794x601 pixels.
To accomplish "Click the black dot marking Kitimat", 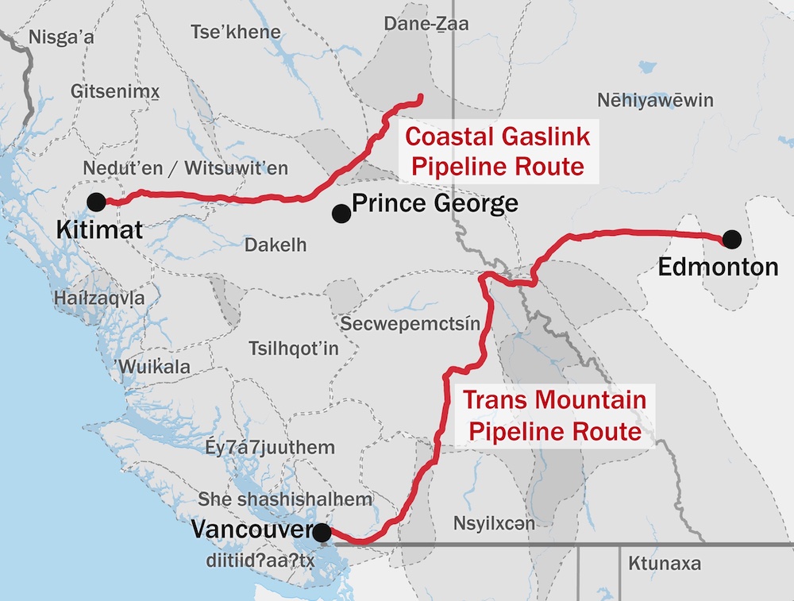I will click(96, 202).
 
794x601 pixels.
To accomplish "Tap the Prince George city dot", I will click(341, 213).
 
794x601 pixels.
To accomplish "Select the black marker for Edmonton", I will click(731, 238).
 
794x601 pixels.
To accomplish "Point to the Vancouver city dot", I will click(322, 533).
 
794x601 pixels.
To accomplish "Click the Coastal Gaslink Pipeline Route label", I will click(497, 152).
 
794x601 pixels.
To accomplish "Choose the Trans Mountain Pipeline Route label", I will click(554, 416).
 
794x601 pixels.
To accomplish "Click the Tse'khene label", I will click(236, 33).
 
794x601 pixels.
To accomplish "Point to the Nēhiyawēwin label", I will click(655, 101).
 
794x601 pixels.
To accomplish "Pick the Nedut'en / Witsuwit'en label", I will click(185, 169).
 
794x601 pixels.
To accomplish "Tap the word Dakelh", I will click(276, 245).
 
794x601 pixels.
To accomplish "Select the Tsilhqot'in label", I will click(294, 350).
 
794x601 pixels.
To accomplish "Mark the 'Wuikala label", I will click(152, 368).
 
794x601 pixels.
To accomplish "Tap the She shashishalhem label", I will click(285, 499).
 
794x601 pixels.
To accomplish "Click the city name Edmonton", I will click(718, 267).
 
